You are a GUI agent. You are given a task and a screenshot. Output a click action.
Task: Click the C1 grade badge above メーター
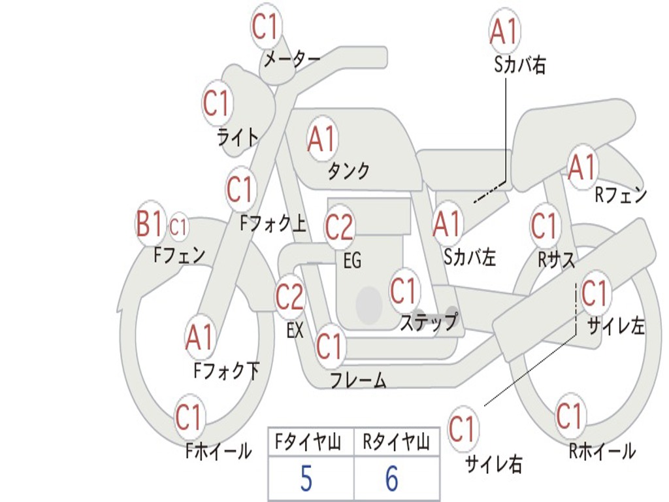pyautogui.click(x=266, y=27)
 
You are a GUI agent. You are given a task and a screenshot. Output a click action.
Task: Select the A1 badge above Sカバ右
pyautogui.click(x=504, y=31)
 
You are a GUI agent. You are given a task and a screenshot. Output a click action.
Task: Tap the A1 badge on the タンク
pyautogui.click(x=321, y=138)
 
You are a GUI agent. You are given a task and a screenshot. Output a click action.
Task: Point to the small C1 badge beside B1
pyautogui.click(x=178, y=227)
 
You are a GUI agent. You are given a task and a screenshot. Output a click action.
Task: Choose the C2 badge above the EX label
pyautogui.click(x=289, y=297)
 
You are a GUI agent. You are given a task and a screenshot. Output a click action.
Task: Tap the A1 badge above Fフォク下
pyautogui.click(x=199, y=337)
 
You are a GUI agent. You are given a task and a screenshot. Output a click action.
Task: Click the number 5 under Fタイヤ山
pyautogui.click(x=306, y=479)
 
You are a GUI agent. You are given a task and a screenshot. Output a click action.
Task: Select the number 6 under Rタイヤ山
pyautogui.click(x=392, y=479)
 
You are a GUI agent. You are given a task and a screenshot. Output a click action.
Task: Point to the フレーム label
pyautogui.click(x=358, y=380)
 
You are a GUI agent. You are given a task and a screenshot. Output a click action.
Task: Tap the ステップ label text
pyautogui.click(x=428, y=322)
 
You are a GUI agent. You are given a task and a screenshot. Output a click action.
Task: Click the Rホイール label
pyautogui.click(x=602, y=450)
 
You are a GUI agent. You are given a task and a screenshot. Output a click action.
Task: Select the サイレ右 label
pyautogui.click(x=493, y=463)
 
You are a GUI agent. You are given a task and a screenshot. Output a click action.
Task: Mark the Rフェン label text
pyautogui.click(x=620, y=195)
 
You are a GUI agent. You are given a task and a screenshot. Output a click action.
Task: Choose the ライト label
pyautogui.click(x=238, y=137)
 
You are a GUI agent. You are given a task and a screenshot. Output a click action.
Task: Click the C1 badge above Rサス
pyautogui.click(x=544, y=226)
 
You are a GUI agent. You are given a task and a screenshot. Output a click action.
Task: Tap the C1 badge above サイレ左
pyautogui.click(x=595, y=293)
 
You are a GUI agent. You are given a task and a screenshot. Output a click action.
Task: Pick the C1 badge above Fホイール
pyautogui.click(x=189, y=417)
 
